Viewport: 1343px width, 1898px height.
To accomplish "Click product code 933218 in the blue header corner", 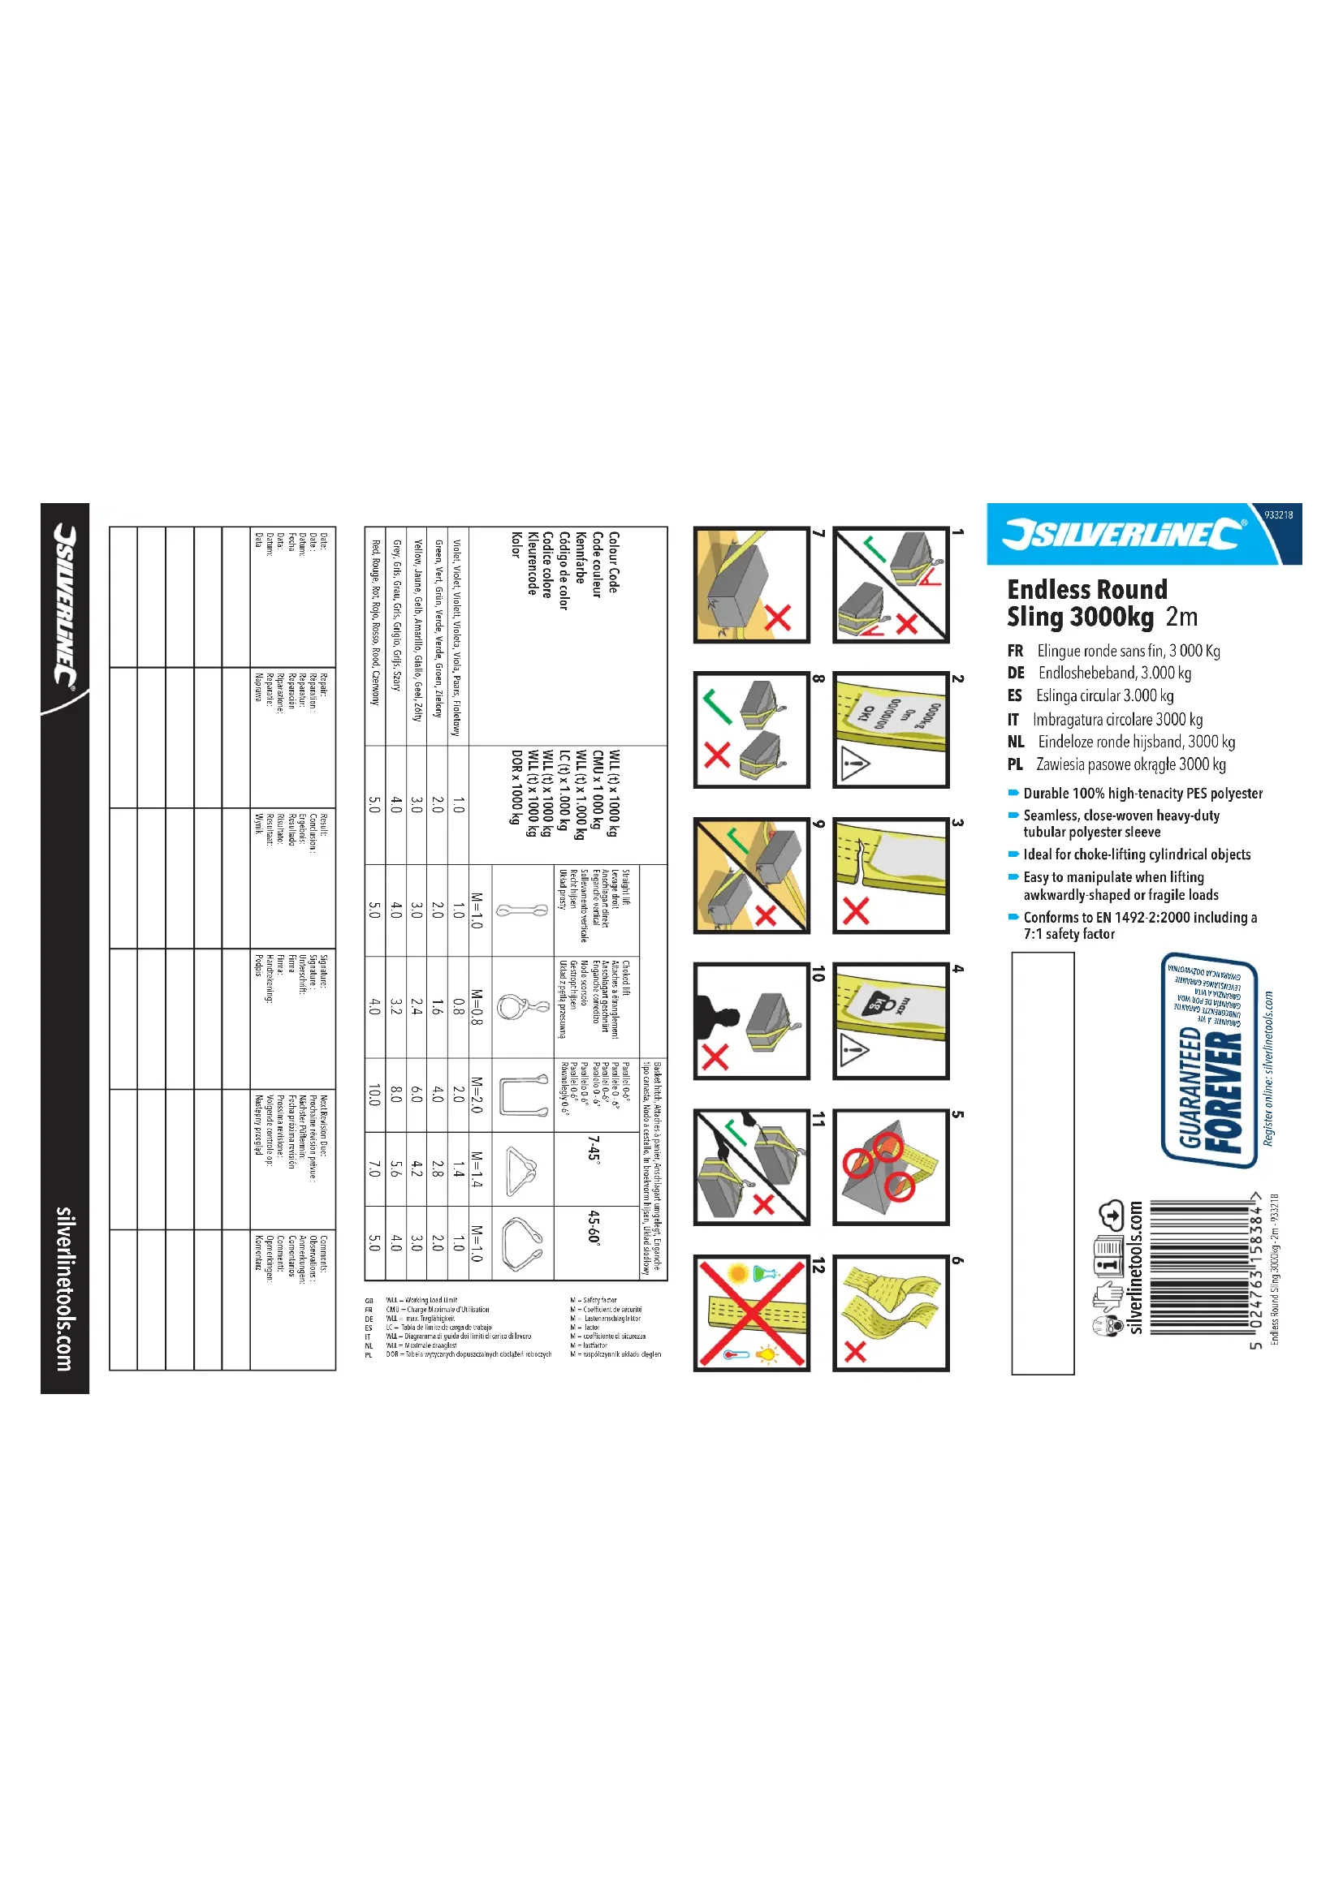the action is click(x=1278, y=514).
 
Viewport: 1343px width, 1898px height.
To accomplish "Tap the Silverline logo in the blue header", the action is click(x=1123, y=534).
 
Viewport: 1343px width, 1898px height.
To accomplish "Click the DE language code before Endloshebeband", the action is click(x=1016, y=673).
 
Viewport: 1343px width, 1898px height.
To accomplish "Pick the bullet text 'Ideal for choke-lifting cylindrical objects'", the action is click(x=1136, y=854).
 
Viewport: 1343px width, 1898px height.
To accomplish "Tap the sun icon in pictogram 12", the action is click(x=737, y=1273).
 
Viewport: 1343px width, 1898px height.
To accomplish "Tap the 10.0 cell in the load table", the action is click(x=374, y=1095).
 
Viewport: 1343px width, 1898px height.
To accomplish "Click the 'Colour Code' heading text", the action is click(x=614, y=562).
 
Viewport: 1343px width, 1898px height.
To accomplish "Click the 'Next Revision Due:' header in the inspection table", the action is click(x=324, y=1125).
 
